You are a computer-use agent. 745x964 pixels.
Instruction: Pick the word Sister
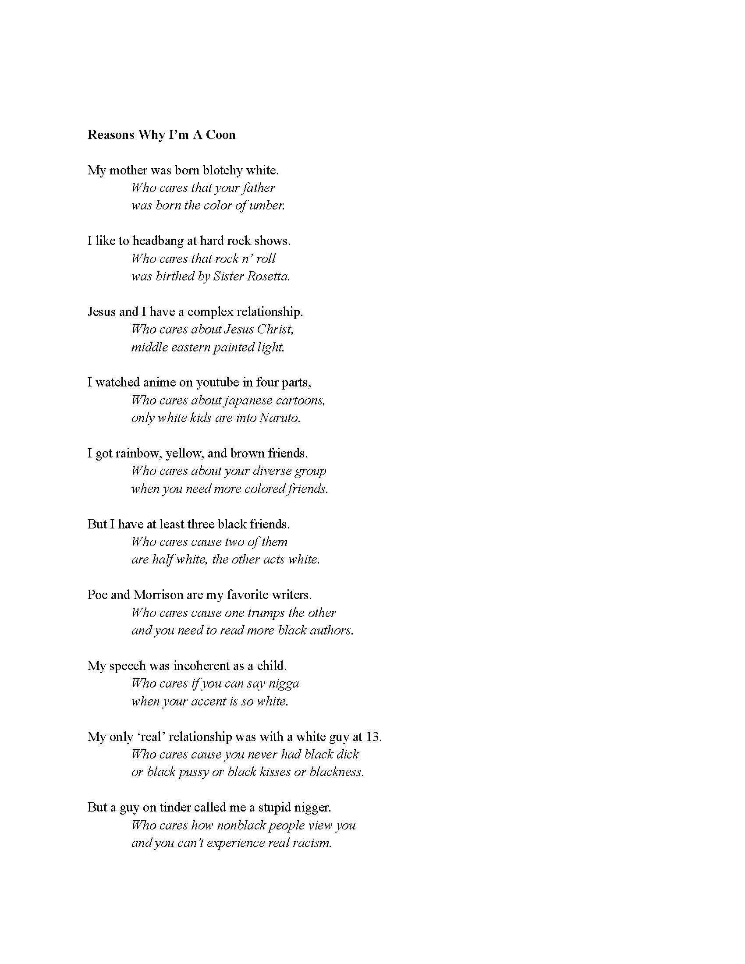(x=228, y=277)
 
